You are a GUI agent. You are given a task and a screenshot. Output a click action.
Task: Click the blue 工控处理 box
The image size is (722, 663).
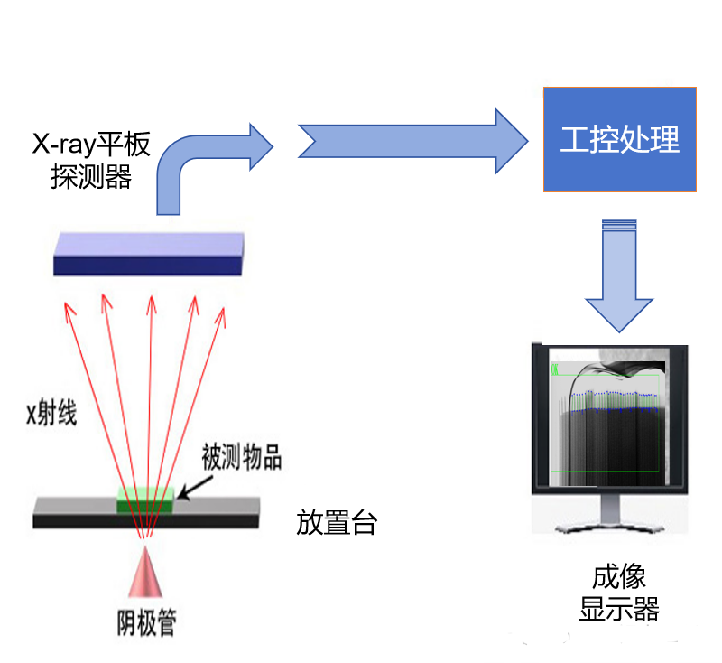point(619,139)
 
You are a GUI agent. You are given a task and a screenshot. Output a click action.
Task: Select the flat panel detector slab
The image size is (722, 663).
point(149,253)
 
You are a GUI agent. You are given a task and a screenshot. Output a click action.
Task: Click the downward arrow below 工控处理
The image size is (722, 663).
point(619,275)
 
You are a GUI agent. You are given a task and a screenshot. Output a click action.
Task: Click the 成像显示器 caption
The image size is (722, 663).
point(619,593)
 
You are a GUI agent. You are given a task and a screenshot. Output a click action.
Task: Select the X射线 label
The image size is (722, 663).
point(52,414)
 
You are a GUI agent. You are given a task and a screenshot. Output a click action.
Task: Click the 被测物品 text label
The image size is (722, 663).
point(241,458)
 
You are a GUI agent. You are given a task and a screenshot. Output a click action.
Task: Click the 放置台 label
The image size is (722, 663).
point(336,523)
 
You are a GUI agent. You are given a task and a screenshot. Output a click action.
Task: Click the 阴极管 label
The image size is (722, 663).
point(145,622)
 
